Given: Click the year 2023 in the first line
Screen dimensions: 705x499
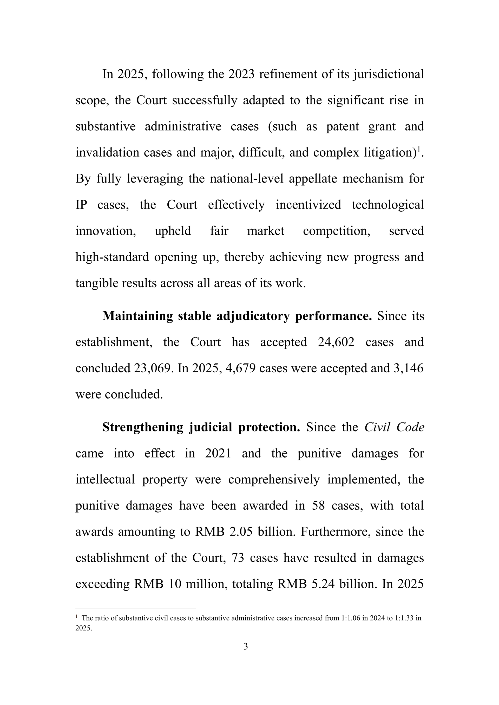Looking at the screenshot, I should click(x=241, y=74).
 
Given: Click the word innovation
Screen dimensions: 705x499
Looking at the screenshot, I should click(x=106, y=231).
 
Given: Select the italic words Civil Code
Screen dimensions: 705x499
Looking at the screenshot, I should click(x=394, y=427).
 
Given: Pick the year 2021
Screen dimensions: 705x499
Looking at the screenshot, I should click(x=218, y=453).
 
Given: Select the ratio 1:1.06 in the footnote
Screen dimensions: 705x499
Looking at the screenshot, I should click(x=351, y=618).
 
